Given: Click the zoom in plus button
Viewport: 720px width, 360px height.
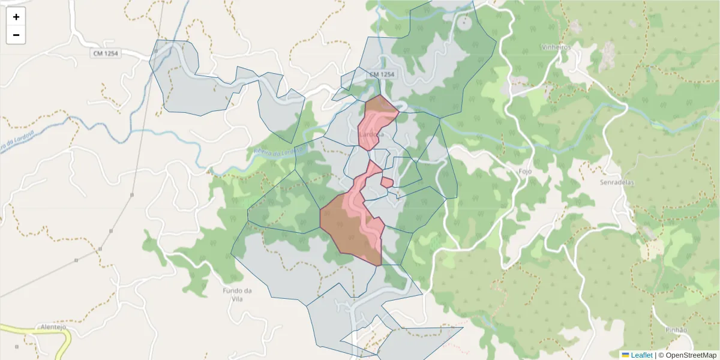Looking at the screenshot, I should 16,17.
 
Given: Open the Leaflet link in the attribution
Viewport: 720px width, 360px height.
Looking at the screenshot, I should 641,355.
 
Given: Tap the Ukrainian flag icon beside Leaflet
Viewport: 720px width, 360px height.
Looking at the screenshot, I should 625,355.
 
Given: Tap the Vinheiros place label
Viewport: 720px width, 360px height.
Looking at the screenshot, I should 555,47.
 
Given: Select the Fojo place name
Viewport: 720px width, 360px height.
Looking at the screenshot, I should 525,171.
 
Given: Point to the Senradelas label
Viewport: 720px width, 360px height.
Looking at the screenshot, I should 617,182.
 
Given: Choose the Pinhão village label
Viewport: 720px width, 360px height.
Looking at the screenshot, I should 677,330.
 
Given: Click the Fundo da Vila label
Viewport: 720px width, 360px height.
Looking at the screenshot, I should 236,295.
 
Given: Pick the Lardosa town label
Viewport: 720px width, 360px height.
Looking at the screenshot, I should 372,134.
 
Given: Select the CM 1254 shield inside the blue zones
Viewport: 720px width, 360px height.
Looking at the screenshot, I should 382,74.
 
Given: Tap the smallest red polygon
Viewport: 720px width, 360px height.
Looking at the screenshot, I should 387,182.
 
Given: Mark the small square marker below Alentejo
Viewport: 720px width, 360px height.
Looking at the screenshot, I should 17,346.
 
